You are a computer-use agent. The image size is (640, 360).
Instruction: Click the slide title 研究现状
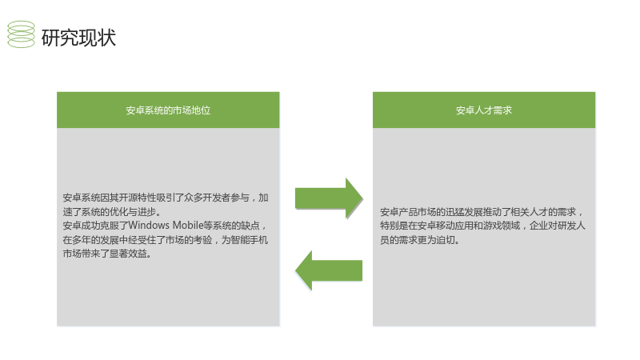[78, 38]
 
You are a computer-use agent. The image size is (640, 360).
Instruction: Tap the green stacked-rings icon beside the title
[22, 34]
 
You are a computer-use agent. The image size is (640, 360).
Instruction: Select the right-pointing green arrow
[329, 198]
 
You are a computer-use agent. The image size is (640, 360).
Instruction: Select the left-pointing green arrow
[329, 270]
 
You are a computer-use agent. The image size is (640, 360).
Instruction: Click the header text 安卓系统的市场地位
[168, 110]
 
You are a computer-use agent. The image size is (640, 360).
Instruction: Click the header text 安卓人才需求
[484, 110]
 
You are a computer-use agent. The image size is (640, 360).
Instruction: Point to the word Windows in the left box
[149, 226]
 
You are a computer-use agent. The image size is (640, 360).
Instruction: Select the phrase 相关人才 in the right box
[529, 212]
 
